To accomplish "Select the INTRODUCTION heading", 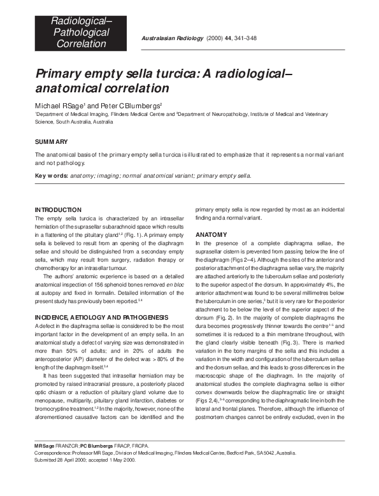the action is pyautogui.click(x=58, y=209).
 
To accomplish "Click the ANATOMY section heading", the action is pyautogui.click(x=210, y=235).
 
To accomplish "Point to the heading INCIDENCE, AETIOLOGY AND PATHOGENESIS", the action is pyautogui.click(x=101, y=299).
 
